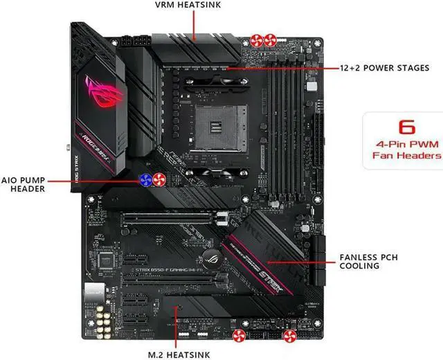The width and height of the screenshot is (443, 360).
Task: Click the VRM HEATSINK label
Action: (196, 6)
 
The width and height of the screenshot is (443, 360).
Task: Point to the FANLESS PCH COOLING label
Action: (369, 261)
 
